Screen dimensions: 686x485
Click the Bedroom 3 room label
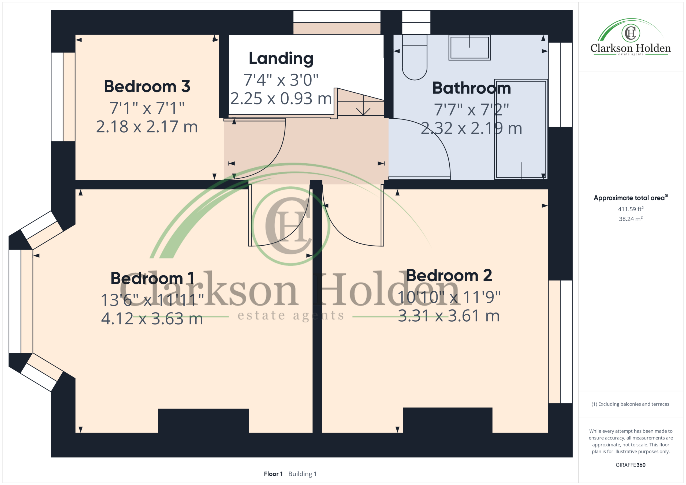tap(147, 87)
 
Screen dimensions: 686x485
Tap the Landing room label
tap(281, 59)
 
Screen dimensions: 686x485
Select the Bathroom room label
tap(471, 88)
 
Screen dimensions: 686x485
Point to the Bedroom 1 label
tap(152, 278)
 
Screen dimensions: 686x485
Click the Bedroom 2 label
tap(449, 275)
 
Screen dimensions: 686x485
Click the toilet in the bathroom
tap(414, 57)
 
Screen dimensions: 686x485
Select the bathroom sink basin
tap(470, 48)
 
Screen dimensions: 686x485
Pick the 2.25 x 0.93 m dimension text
tap(281, 99)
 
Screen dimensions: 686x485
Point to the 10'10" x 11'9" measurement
tap(449, 297)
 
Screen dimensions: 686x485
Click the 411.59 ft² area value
tap(631, 209)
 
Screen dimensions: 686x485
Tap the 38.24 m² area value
tap(631, 219)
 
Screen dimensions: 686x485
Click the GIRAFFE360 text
tap(631, 465)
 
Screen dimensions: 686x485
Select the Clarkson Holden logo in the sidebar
tap(631, 37)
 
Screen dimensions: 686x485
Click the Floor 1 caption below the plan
tap(273, 474)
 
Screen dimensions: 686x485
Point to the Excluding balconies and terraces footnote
tap(631, 404)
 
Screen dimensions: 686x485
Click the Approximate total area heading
tap(631, 198)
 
